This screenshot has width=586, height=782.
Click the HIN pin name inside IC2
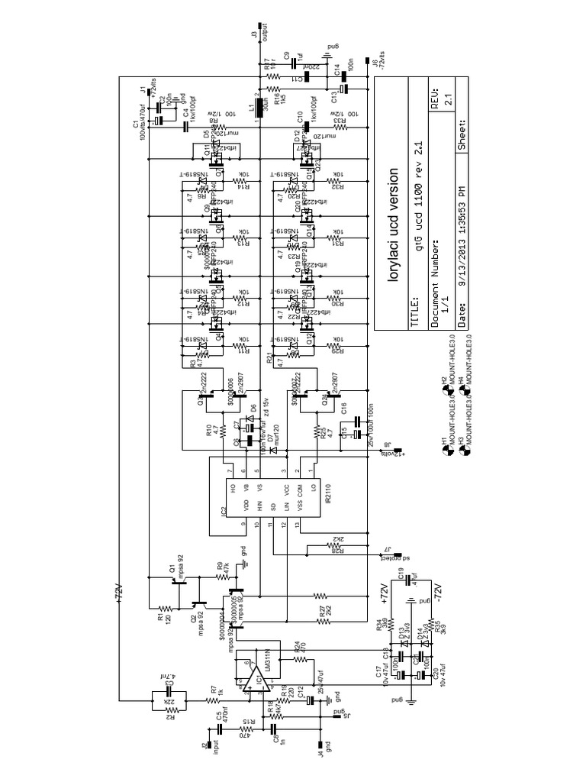coord(259,506)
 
